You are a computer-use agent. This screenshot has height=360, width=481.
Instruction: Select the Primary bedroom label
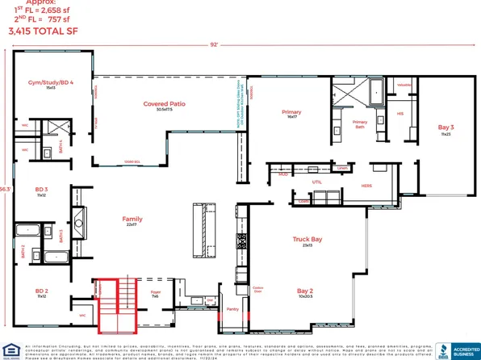pyautogui.click(x=291, y=112)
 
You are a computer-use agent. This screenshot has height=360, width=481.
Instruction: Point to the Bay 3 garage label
pyautogui.click(x=445, y=128)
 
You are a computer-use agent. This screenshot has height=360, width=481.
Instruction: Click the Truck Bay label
pyautogui.click(x=301, y=239)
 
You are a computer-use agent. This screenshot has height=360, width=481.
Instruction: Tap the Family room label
pyautogui.click(x=132, y=219)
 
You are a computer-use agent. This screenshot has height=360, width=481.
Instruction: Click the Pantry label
pyautogui.click(x=232, y=308)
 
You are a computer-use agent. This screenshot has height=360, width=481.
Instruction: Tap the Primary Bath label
pyautogui.click(x=360, y=123)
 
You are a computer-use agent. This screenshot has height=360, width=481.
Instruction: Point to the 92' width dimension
pyautogui.click(x=241, y=47)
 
